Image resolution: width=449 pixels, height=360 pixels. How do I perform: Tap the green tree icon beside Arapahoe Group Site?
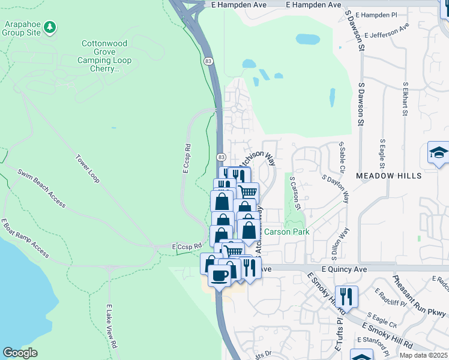[51, 27]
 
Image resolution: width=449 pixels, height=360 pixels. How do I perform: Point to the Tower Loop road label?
[87, 169]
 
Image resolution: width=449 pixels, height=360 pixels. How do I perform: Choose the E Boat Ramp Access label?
[25, 238]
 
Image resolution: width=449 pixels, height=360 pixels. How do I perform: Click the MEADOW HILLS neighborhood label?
[388, 176]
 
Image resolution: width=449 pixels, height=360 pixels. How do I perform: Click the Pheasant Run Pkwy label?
[420, 296]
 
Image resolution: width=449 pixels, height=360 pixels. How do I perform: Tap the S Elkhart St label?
[406, 100]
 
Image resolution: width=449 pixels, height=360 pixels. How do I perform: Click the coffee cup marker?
[219, 276]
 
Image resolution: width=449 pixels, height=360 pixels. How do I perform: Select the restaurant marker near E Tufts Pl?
[346, 296]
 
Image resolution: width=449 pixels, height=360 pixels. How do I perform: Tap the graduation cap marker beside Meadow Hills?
[439, 153]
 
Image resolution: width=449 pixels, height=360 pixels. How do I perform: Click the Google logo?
[20, 352]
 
